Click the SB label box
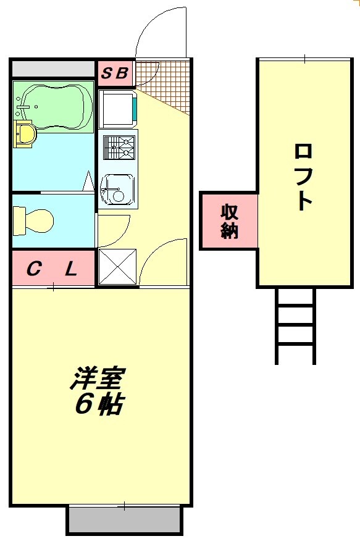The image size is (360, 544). click(115, 73)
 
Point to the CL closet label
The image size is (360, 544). click(52, 269)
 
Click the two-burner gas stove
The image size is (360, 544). click(119, 148)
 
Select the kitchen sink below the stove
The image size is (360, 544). click(117, 188)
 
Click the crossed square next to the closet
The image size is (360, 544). click(117, 266)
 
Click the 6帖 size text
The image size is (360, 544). click(99, 404)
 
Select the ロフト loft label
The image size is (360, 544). click(303, 176)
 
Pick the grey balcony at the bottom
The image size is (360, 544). click(124, 520)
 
